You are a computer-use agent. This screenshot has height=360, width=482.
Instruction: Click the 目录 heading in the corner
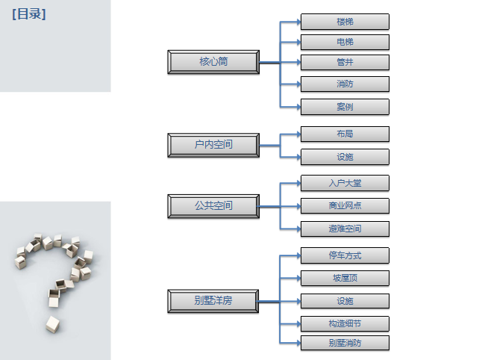[x=29, y=14]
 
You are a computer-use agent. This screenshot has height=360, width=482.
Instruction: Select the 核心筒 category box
[x=213, y=62]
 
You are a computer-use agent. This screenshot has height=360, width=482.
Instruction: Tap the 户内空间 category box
[x=213, y=145]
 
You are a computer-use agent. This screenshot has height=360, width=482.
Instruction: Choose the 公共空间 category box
[x=213, y=206]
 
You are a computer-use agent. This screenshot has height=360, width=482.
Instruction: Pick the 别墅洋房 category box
[x=213, y=301]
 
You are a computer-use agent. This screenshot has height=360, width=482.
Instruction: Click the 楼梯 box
[x=345, y=22]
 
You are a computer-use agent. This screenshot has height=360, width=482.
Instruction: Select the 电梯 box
[x=345, y=42]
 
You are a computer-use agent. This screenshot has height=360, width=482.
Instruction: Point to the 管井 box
[x=345, y=63]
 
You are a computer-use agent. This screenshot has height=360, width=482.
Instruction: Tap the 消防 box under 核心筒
[x=345, y=84]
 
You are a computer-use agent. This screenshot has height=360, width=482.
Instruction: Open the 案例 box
[x=345, y=107]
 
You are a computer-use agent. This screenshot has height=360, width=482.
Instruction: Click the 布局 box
[x=345, y=134]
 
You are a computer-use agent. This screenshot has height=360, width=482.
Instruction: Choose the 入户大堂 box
[x=345, y=183]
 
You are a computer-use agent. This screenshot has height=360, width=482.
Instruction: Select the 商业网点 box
[x=345, y=205]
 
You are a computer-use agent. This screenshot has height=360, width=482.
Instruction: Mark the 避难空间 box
[x=345, y=229]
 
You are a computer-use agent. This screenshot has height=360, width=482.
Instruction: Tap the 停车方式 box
[x=345, y=255]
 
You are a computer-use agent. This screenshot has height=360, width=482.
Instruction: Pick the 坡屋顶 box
[x=345, y=278]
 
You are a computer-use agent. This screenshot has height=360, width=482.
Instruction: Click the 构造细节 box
[x=345, y=323]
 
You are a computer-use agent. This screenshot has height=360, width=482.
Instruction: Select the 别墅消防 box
[x=345, y=343]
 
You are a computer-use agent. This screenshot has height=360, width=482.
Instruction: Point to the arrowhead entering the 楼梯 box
[x=298, y=22]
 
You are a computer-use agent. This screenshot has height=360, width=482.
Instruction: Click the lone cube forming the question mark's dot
[x=52, y=324]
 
